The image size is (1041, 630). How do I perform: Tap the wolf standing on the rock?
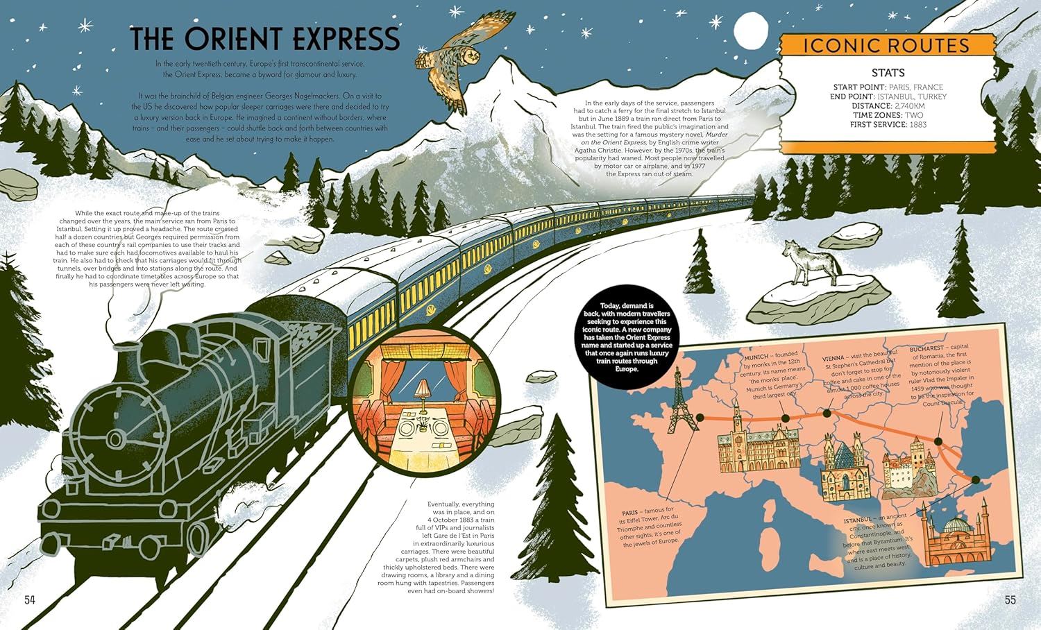click(x=809, y=262)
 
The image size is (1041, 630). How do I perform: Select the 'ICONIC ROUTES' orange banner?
click(x=886, y=46)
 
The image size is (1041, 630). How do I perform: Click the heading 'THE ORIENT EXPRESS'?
click(x=266, y=39)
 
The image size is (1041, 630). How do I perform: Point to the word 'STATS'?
click(x=888, y=73)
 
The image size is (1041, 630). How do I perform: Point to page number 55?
click(x=1010, y=599)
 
